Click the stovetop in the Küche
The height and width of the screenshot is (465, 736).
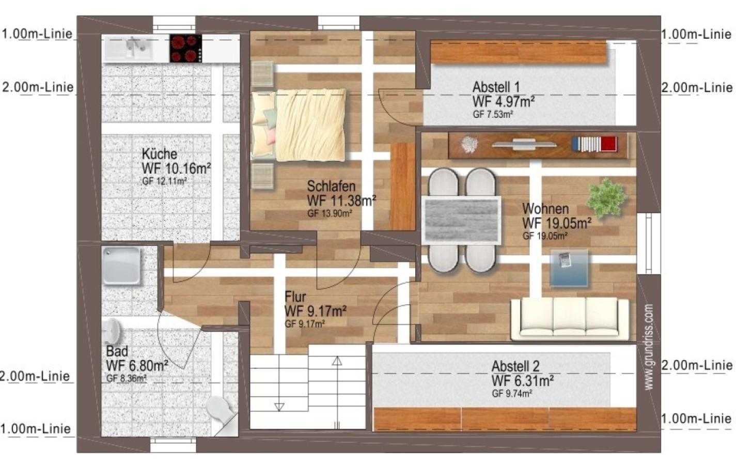coord(185,48)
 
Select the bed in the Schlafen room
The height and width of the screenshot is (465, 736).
coord(299,125)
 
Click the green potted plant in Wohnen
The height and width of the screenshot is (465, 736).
coord(607,198)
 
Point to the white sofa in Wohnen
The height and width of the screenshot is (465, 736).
coord(569,318)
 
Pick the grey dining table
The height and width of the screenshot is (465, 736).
coord(461,221)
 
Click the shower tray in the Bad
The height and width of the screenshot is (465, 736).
coord(121,266)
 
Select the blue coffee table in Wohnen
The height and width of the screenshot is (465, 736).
coord(569,268)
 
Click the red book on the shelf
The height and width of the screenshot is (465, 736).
coord(609,144)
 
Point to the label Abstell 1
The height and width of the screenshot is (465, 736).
coord(496,87)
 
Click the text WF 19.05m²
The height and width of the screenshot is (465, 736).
coord(557,223)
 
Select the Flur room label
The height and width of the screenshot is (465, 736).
coord(295,297)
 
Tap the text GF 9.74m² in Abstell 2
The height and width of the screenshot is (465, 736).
coord(512,393)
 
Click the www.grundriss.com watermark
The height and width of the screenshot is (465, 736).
coord(648,347)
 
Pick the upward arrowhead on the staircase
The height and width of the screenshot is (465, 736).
coord(337,361)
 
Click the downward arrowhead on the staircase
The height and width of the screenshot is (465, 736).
coord(279,407)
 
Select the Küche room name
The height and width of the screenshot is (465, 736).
coord(160,154)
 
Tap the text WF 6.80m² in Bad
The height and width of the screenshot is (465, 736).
coord(137,365)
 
